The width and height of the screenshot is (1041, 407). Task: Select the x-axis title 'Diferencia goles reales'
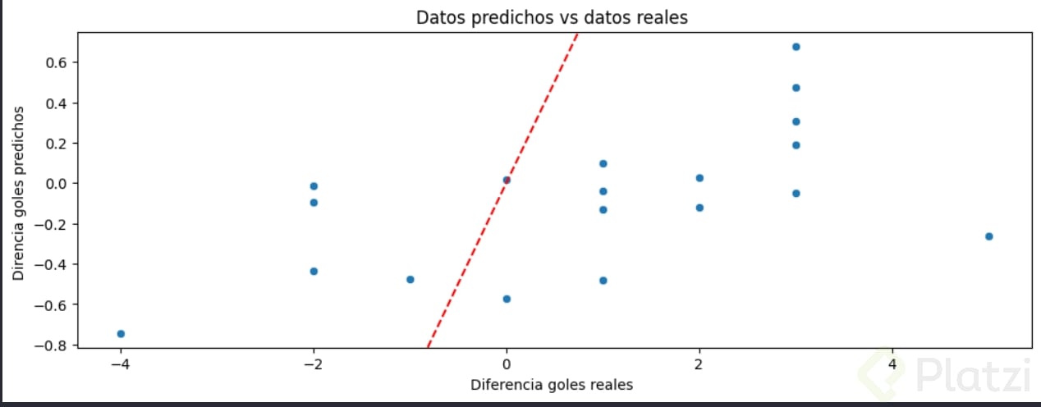551,384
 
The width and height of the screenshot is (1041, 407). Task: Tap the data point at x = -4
121,333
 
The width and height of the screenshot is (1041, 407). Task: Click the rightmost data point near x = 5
988,236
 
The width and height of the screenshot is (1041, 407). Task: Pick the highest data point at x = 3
796,47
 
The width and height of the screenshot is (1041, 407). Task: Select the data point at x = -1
410,279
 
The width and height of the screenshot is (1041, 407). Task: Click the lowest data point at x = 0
507,299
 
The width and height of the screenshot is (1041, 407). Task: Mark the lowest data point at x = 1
603,281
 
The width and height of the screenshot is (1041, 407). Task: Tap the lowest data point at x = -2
314,271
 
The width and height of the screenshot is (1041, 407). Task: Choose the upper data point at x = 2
699,178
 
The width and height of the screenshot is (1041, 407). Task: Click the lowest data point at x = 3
796,194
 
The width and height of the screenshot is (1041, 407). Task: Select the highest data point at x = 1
603,163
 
